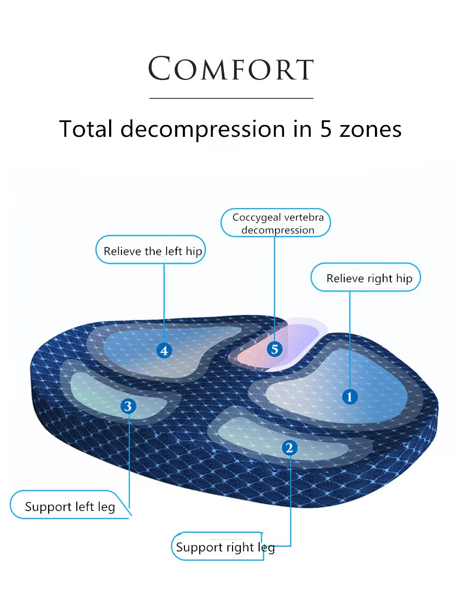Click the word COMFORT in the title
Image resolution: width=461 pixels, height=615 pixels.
[x=230, y=69]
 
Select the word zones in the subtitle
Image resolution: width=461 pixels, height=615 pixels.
[x=370, y=129]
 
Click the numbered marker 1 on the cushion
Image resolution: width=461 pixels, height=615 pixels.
[x=350, y=396]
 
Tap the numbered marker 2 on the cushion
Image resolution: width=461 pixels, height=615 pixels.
[x=289, y=447]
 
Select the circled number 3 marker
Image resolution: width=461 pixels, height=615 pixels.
[x=128, y=406]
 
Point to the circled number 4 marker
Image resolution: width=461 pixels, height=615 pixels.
[x=164, y=351]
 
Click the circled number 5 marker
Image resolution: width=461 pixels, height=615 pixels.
[x=275, y=349]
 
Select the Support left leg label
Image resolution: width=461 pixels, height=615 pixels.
[x=70, y=507]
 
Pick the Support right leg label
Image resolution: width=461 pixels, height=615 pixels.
[x=225, y=547]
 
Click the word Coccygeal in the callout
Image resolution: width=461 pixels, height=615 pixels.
[x=257, y=217]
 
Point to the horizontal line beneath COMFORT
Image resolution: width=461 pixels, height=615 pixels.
[x=231, y=98]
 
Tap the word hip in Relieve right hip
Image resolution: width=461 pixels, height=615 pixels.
[x=404, y=279]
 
